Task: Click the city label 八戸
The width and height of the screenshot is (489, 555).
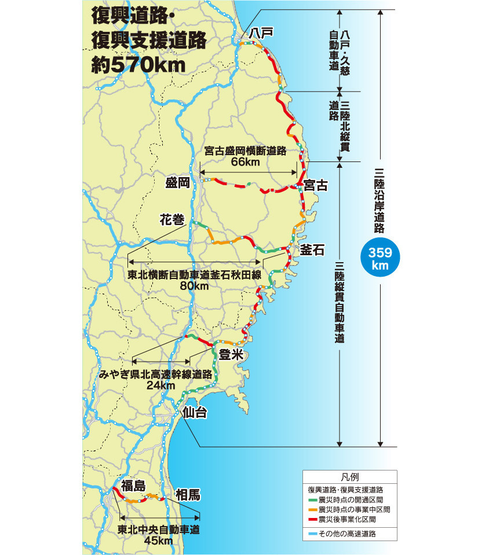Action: (x=260, y=33)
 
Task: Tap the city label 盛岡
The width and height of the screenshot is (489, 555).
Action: (x=178, y=183)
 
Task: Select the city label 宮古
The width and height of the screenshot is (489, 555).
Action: (x=316, y=185)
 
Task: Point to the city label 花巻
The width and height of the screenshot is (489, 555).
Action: (x=172, y=220)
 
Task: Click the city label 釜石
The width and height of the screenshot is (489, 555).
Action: (x=312, y=249)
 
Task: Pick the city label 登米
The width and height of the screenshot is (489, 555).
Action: (x=229, y=355)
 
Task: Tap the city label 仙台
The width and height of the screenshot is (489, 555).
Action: (x=194, y=413)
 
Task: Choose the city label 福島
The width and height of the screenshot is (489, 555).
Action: (x=133, y=486)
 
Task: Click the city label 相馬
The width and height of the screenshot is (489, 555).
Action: (x=188, y=495)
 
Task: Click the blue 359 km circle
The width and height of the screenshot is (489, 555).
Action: (x=381, y=258)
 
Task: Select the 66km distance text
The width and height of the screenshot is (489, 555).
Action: (x=245, y=162)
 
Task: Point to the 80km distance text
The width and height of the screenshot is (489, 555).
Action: (x=194, y=286)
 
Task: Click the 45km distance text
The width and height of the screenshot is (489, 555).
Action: (x=159, y=541)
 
